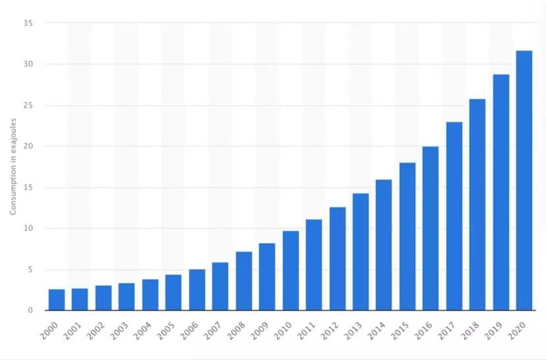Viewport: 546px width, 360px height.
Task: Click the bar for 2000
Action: [57, 300]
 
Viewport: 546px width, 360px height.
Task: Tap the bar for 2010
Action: [290, 270]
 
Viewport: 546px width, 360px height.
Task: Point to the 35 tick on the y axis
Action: [30, 23]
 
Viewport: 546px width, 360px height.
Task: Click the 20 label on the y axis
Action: [30, 146]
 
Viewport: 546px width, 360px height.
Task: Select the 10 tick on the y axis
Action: [30, 228]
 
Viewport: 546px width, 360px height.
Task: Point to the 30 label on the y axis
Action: [30, 64]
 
